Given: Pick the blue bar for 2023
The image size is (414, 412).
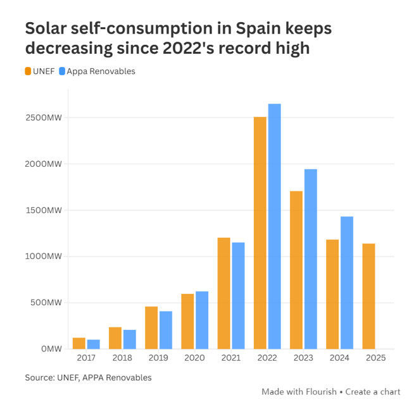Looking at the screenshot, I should (x=310, y=259).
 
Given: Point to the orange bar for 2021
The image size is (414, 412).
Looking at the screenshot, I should (x=224, y=293).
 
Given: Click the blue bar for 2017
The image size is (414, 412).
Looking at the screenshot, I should (x=93, y=344).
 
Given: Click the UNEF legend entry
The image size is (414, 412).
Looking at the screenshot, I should (x=39, y=71).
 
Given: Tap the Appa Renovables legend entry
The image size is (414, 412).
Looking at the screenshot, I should (x=96, y=71).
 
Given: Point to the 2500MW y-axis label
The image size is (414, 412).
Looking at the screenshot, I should (x=44, y=118).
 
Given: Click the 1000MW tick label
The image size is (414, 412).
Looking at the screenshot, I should (x=44, y=256).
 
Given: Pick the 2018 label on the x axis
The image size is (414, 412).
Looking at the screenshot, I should (x=122, y=358).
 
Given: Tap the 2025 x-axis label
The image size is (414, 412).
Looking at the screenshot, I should (x=375, y=358).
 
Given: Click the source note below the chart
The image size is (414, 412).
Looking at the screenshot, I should (x=88, y=377).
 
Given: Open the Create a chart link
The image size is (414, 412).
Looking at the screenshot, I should (x=373, y=392).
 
